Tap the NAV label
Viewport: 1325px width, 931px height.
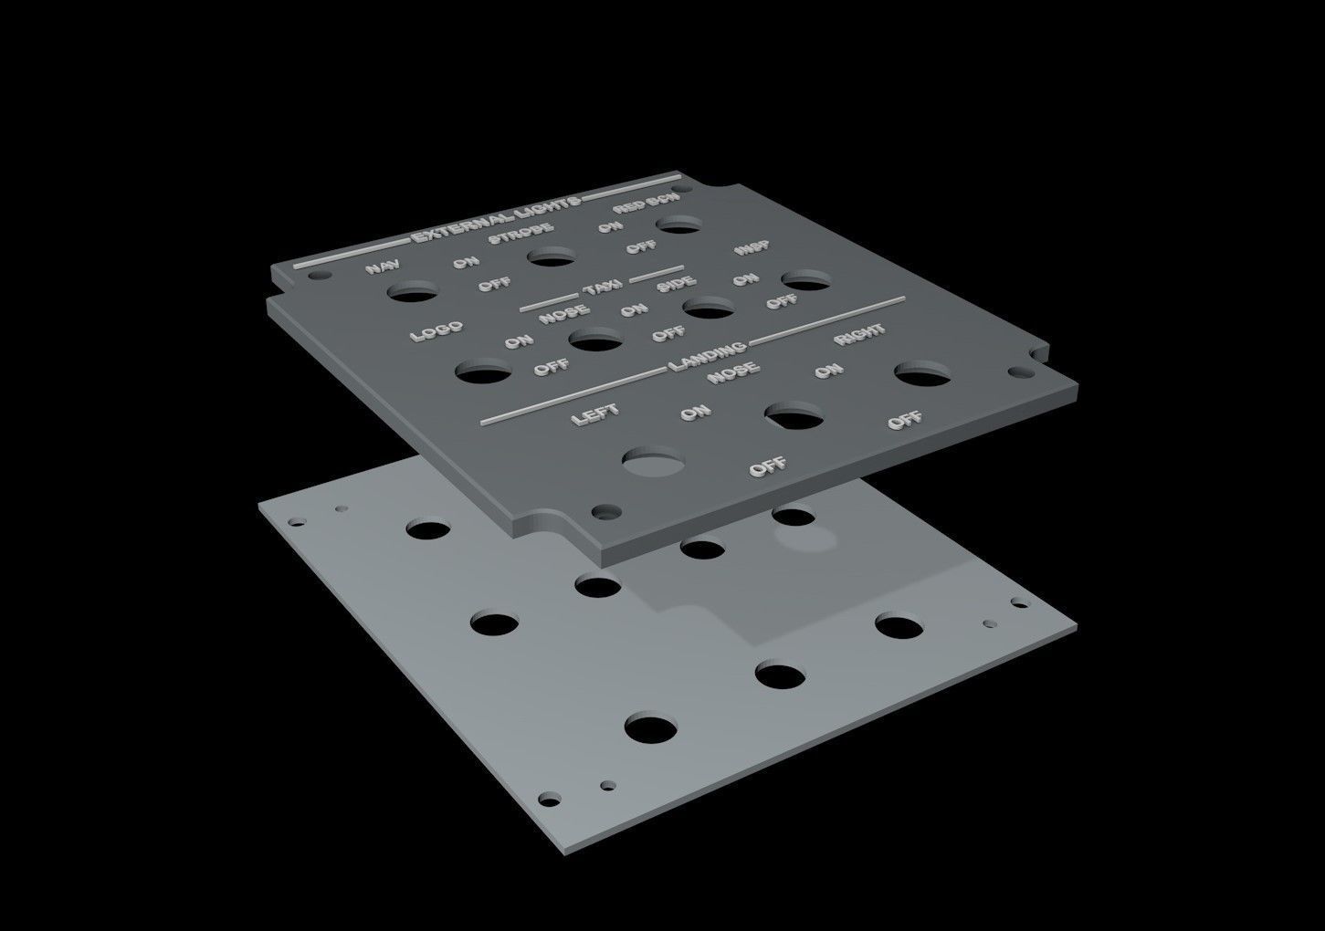point(383,267)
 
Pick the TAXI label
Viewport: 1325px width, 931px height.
point(603,288)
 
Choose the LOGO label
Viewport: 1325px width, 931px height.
point(436,331)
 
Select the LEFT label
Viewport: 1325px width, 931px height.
point(594,414)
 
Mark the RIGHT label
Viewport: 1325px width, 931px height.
point(858,334)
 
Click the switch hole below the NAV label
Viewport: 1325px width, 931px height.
point(412,293)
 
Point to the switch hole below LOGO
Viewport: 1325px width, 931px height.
point(484,372)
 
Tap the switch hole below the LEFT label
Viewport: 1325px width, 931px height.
point(655,462)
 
